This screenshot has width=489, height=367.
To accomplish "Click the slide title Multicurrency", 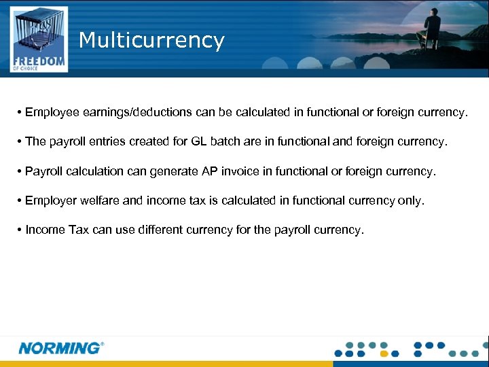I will click(x=151, y=40).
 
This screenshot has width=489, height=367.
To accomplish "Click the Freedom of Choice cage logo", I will click(x=39, y=39).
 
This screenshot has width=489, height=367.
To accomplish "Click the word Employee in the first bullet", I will click(x=51, y=112).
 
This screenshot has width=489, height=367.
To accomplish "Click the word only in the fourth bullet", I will click(x=410, y=200).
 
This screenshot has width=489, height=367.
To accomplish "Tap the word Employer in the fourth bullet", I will click(x=51, y=200).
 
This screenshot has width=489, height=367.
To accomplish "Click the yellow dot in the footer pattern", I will click(x=384, y=353).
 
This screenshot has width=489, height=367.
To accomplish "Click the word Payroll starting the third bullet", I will click(x=43, y=171).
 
